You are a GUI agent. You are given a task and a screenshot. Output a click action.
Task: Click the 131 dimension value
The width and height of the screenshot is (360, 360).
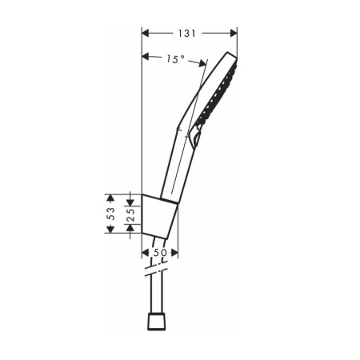coord(187,34)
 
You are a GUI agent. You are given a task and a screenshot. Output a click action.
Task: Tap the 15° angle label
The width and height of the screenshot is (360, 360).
coord(176,59)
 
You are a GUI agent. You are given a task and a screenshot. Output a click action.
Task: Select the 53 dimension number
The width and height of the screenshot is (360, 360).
coord(111,214)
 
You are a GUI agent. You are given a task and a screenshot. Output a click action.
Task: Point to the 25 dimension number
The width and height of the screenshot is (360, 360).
coord(130,215)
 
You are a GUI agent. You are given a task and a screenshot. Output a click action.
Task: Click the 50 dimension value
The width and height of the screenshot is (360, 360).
coord(160,253)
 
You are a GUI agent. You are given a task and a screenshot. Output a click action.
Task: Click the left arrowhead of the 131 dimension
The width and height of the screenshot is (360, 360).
coord(146,34)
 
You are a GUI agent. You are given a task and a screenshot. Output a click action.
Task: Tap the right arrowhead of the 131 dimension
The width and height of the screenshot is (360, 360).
coord(234,34)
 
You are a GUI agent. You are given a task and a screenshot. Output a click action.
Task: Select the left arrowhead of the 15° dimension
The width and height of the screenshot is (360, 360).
coord(146,57)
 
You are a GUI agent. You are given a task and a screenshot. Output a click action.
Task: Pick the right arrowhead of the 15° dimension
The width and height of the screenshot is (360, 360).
coord(202,63)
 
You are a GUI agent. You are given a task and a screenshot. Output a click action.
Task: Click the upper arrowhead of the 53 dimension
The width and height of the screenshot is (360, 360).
coord(110,198)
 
